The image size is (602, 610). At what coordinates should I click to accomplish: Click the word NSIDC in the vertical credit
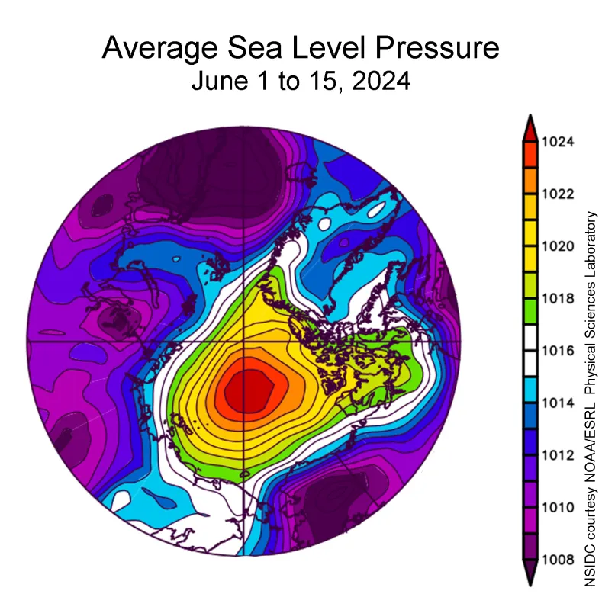[590, 568]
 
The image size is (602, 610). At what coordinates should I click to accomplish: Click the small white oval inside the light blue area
[327, 225]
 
